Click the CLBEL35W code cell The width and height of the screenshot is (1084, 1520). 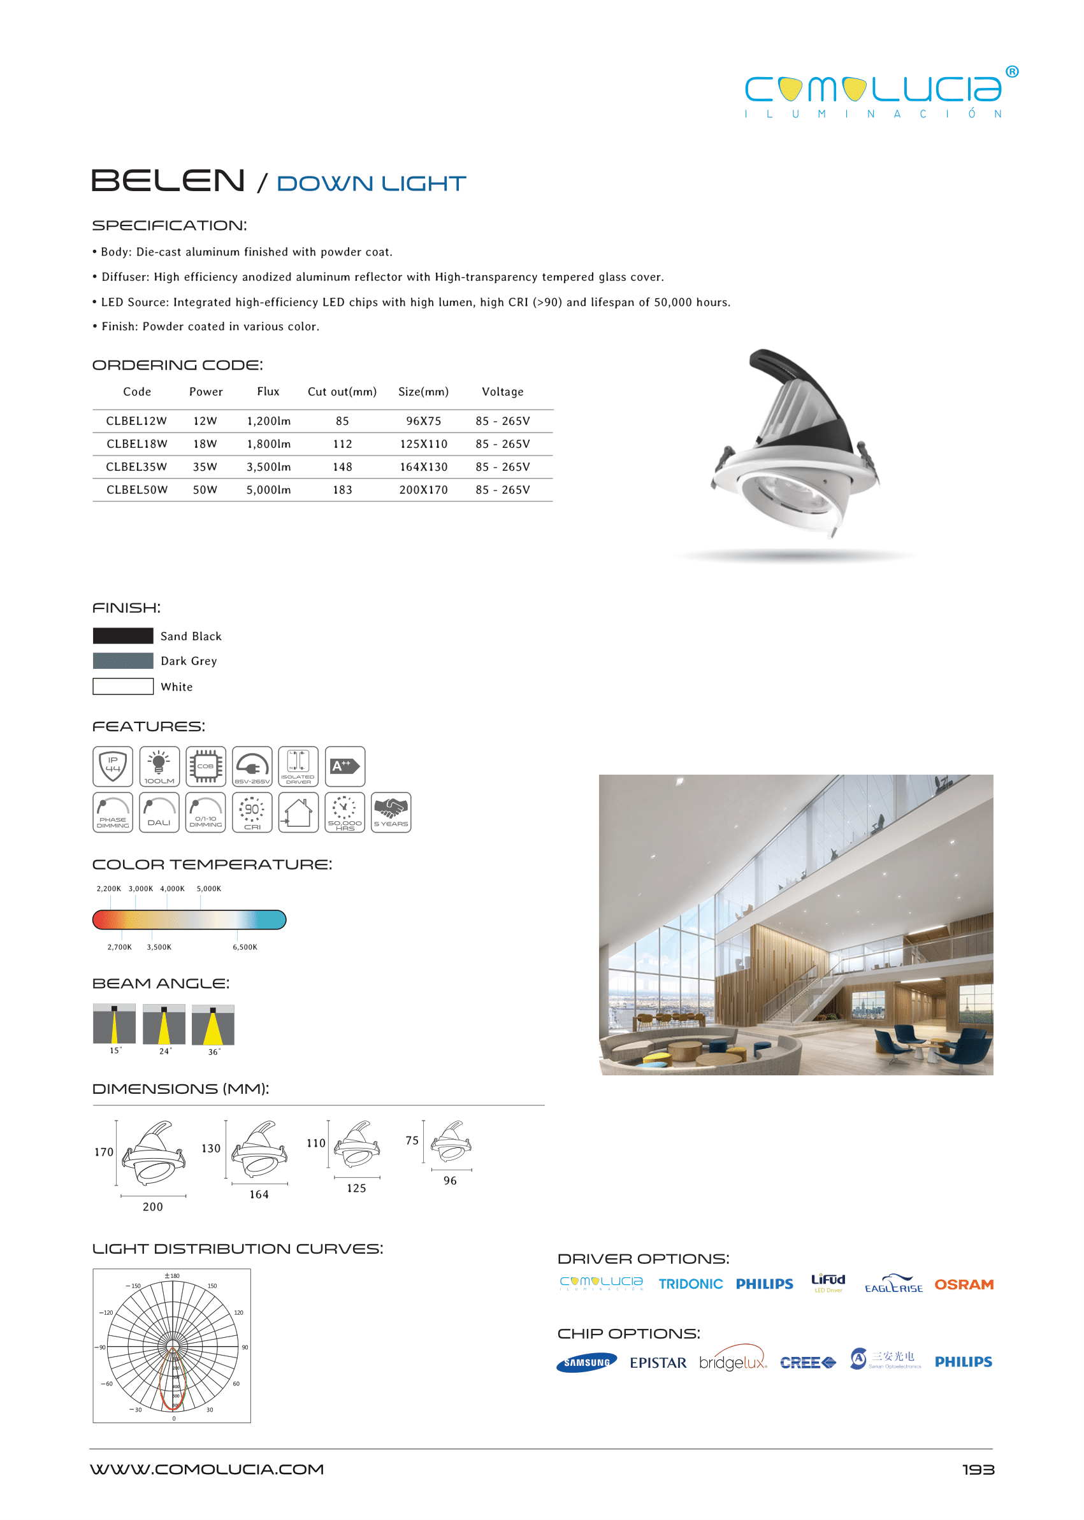point(136,467)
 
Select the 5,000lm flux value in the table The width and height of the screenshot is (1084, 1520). point(268,490)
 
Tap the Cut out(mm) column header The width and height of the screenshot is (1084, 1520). point(342,392)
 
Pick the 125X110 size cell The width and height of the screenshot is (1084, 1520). point(423,444)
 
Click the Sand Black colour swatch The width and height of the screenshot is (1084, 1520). point(123,635)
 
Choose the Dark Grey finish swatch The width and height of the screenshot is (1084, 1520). point(123,661)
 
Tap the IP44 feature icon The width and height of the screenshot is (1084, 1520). point(113,766)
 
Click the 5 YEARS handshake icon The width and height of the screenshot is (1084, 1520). point(391,812)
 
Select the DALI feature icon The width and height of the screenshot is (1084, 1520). point(159,812)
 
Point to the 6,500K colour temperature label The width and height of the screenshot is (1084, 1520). point(244,947)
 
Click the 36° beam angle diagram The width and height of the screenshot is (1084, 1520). point(213,1025)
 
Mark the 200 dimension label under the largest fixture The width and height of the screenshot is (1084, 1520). point(153,1207)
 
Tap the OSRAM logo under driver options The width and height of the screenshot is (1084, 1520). point(963,1284)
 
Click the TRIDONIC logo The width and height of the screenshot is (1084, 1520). point(690,1284)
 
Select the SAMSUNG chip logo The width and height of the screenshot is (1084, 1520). point(586,1363)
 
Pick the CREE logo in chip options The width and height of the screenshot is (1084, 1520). point(807,1363)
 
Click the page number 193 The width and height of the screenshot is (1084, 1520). point(978,1469)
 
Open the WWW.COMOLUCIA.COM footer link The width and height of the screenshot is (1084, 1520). point(207,1469)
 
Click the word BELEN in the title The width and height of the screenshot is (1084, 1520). point(168,181)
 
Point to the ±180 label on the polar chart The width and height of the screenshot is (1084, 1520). point(172,1276)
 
